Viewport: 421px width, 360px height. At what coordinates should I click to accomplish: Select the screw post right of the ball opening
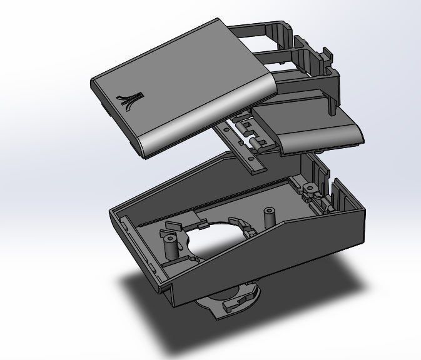[x=270, y=216]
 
